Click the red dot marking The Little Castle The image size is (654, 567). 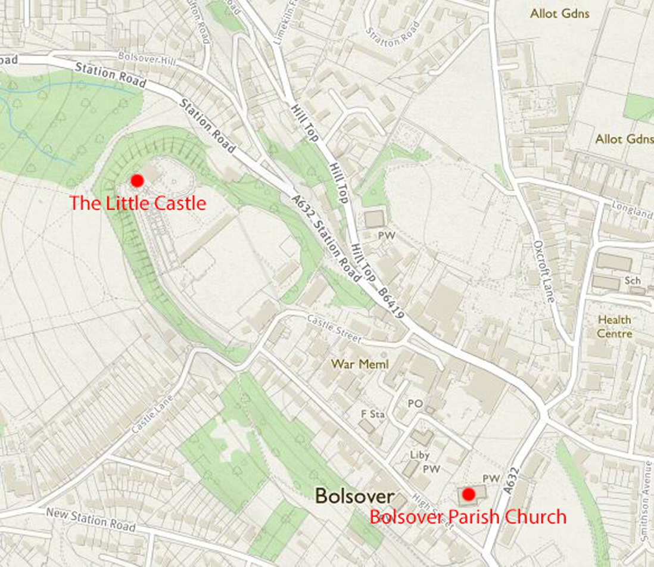[x=137, y=180]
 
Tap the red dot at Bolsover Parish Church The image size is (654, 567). [x=468, y=494]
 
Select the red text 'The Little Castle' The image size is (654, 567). [x=138, y=203]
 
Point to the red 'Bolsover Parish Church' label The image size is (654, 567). [x=468, y=516]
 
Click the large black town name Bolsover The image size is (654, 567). [x=354, y=496]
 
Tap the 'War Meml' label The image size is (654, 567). [x=360, y=364]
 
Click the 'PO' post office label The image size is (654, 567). [x=415, y=404]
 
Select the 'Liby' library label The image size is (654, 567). [x=420, y=456]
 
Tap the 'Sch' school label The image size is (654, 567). [x=632, y=280]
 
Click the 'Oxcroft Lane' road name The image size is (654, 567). [x=544, y=272]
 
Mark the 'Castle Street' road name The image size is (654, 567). [x=334, y=329]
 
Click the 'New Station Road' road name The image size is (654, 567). [x=91, y=519]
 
